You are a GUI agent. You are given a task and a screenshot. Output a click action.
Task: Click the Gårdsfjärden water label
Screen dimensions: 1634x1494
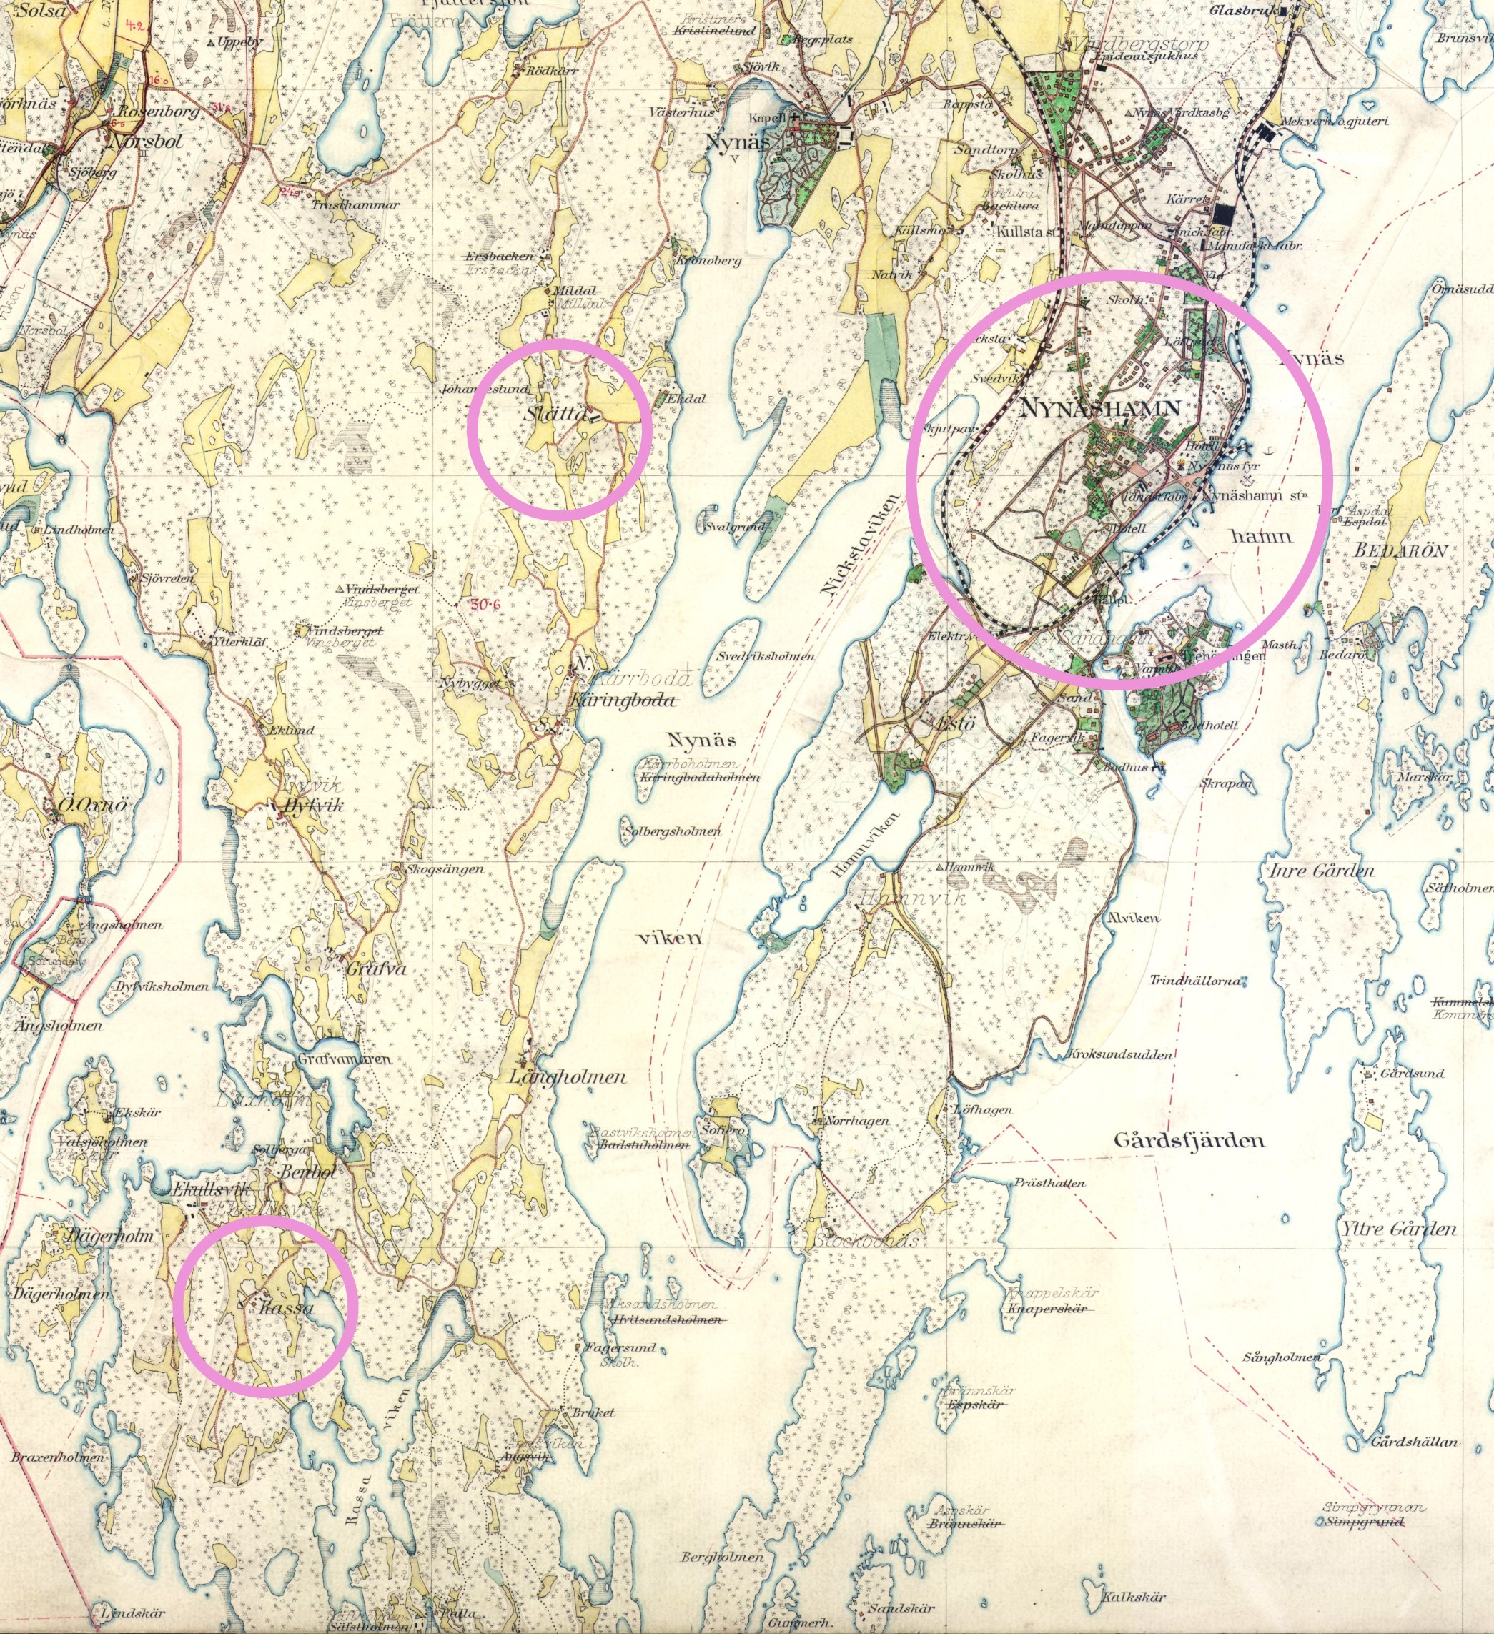tap(1188, 1140)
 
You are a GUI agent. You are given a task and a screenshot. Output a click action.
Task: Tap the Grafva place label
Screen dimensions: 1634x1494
tap(375, 969)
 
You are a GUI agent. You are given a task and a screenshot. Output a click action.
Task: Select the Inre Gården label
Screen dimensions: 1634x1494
tap(1320, 871)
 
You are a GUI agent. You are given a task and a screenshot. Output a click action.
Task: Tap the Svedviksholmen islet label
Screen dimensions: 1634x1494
tap(766, 656)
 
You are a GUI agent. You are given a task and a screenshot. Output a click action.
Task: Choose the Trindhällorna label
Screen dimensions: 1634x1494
tap(1195, 981)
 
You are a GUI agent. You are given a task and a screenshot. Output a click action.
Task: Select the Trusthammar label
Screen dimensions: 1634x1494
tap(356, 205)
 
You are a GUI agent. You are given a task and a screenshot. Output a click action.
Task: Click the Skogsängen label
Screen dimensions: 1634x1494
tap(446, 869)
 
